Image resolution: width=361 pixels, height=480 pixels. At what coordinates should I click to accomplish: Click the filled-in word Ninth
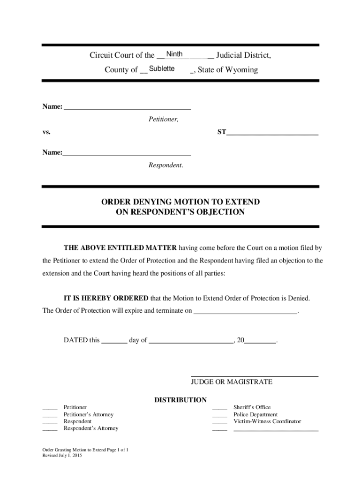[174, 54]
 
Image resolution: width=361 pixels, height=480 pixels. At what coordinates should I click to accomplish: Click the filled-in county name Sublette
[162, 69]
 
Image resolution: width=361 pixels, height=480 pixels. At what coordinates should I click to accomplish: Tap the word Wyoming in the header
[241, 70]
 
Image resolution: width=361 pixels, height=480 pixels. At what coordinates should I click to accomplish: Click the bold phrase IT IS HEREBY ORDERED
[106, 298]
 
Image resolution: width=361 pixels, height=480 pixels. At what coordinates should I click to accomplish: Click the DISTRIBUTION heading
[180, 400]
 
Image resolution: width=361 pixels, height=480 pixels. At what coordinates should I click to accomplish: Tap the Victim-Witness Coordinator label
[267, 421]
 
